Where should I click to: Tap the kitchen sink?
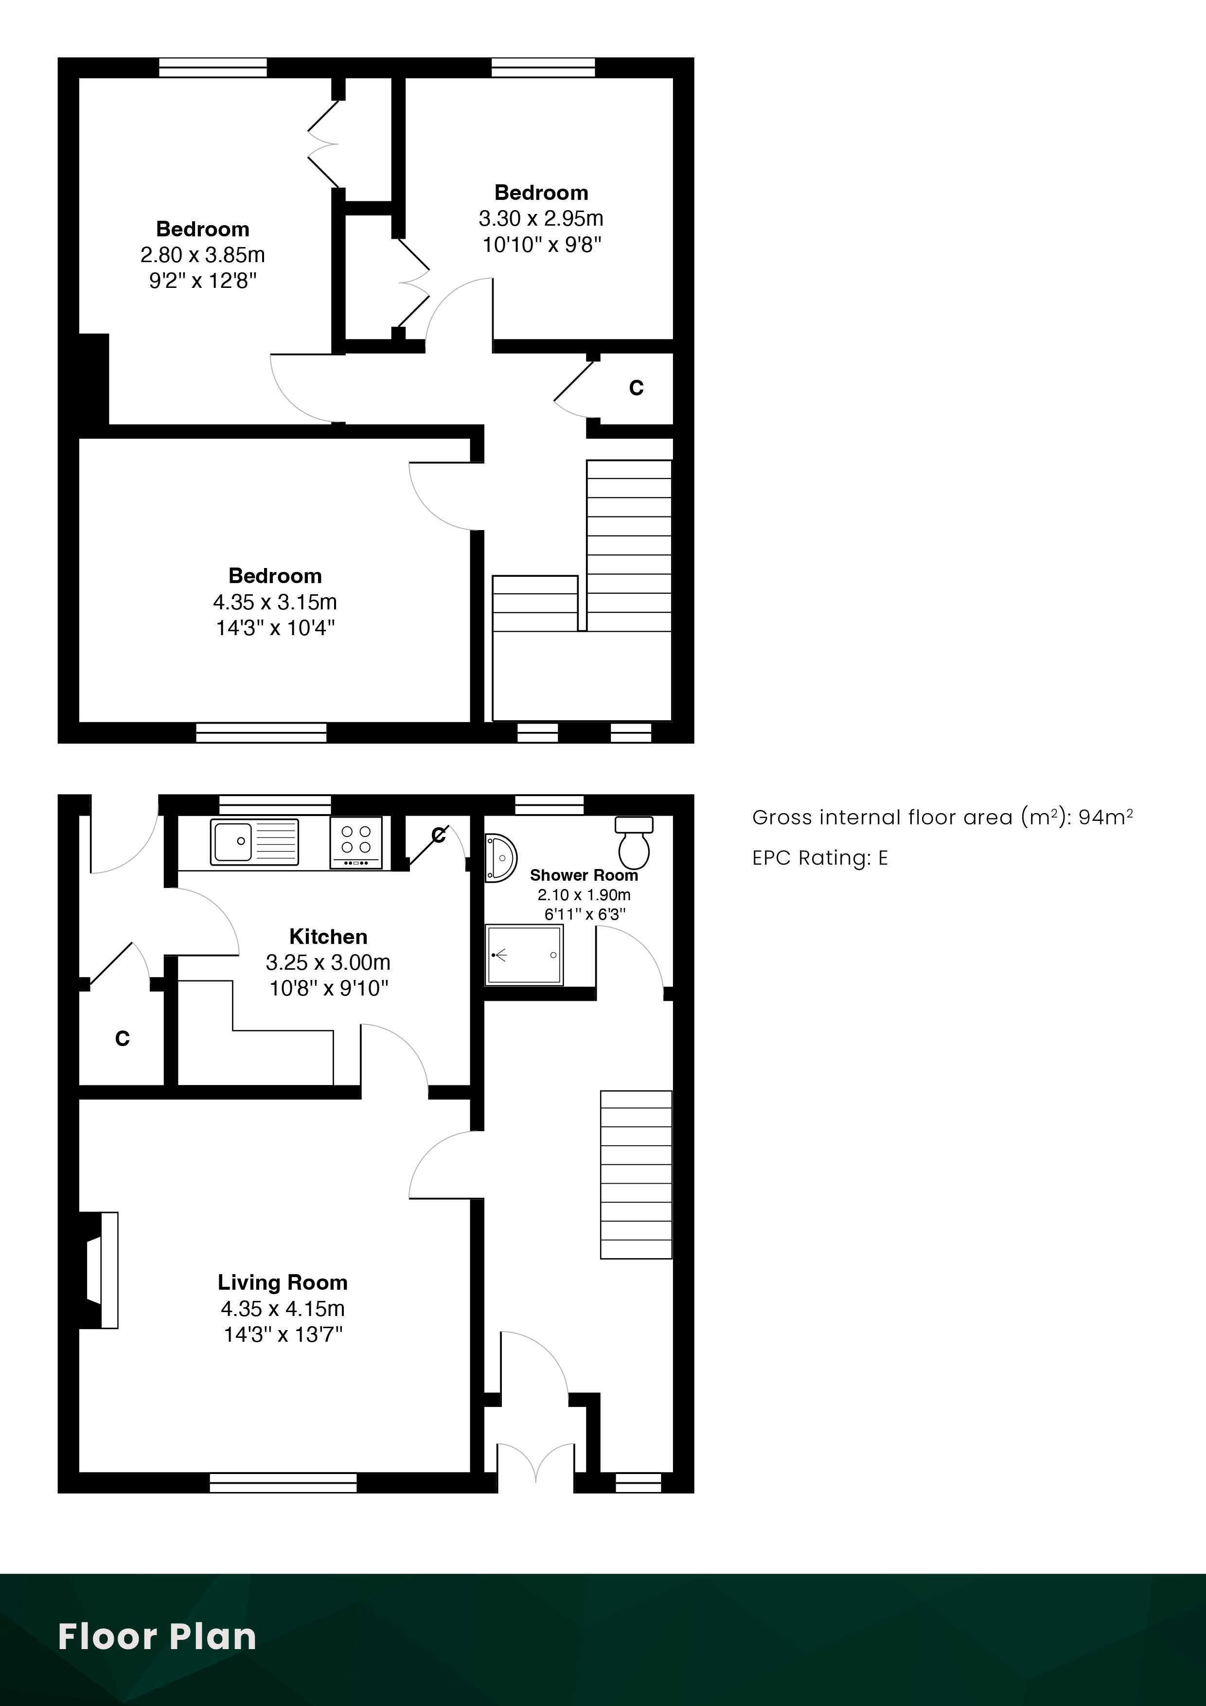tap(254, 842)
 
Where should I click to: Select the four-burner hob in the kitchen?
tap(356, 843)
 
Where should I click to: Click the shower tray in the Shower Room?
tap(524, 955)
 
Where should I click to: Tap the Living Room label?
tap(283, 1282)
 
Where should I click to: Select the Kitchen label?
tap(328, 936)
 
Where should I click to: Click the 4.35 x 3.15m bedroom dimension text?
tap(275, 602)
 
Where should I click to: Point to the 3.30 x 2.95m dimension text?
tap(541, 218)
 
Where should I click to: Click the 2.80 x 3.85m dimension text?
tap(203, 255)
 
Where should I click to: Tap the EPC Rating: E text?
tap(820, 858)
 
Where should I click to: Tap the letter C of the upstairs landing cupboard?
tap(636, 388)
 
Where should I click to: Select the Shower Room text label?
tap(584, 875)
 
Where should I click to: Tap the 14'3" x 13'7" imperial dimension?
tap(283, 1334)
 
